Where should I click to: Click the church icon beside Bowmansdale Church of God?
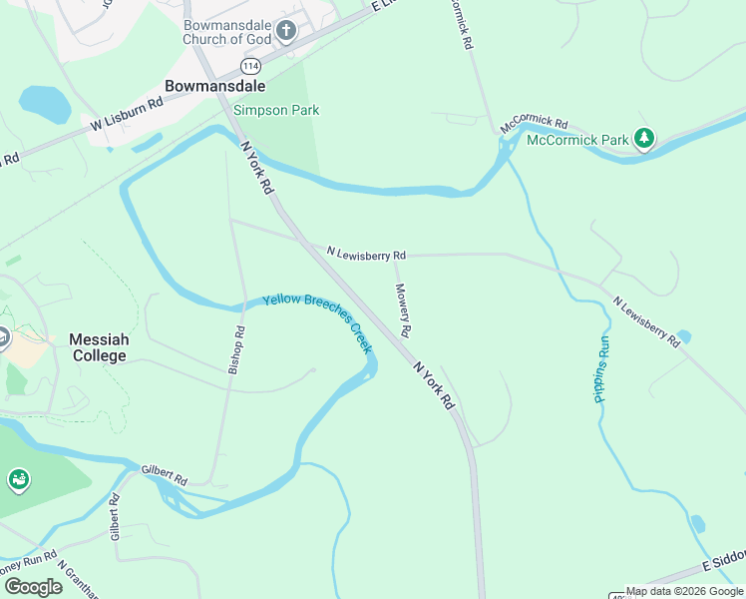click(x=286, y=31)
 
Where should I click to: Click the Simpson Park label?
click(x=276, y=110)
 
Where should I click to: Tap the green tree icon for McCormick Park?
click(x=644, y=139)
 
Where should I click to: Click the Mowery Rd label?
click(x=403, y=308)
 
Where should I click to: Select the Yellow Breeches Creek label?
click(x=317, y=322)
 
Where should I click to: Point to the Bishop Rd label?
click(x=236, y=349)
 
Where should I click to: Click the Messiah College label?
click(x=98, y=347)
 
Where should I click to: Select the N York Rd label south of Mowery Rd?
click(x=434, y=385)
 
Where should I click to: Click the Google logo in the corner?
click(x=33, y=587)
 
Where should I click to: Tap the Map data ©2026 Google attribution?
click(x=684, y=591)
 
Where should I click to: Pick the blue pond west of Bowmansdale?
click(x=44, y=101)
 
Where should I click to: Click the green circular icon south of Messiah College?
click(x=18, y=481)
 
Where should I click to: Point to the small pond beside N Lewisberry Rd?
click(x=683, y=336)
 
